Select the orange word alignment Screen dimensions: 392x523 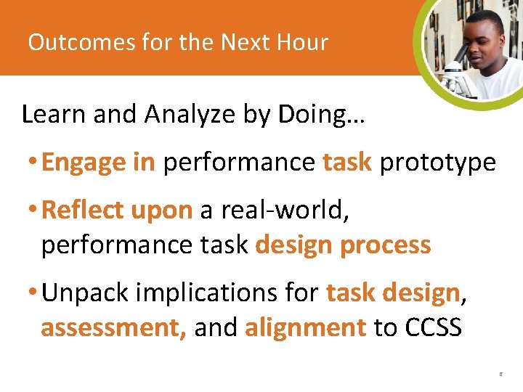[x=305, y=328]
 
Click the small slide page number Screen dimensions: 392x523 [x=500, y=375]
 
